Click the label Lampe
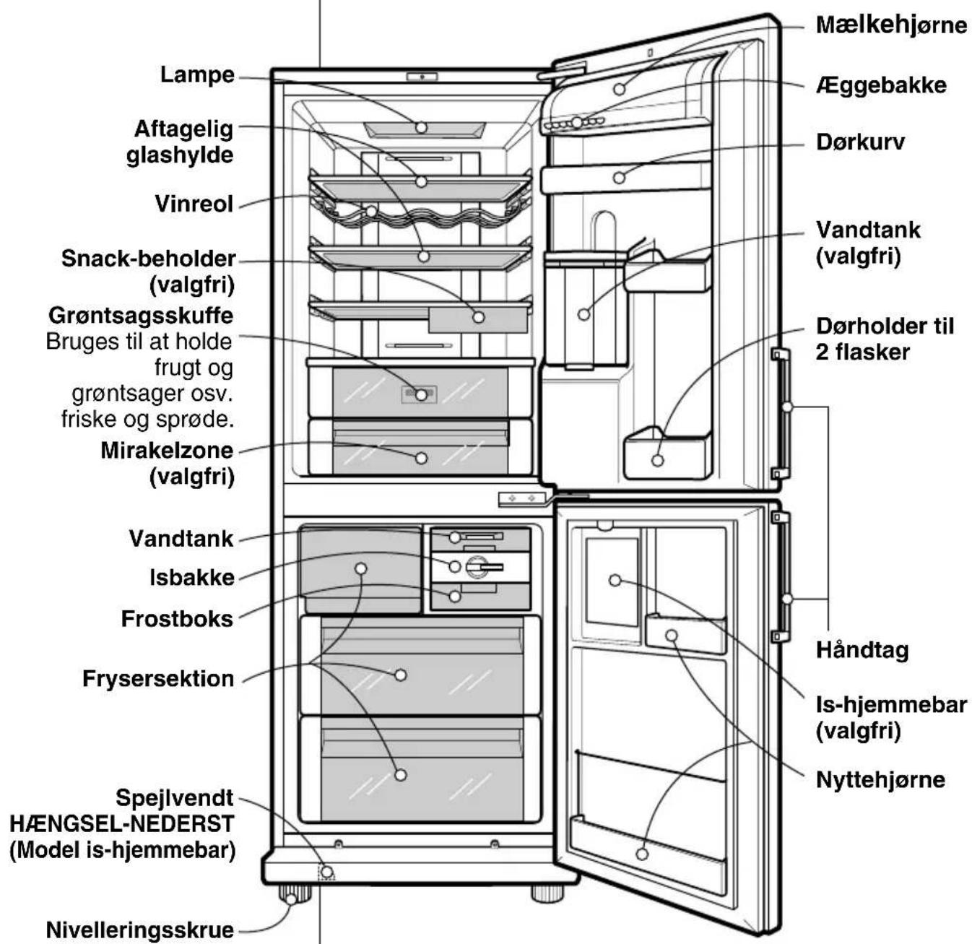[197, 75]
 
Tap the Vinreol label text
[194, 204]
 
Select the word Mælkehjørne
[891, 25]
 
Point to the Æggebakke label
[881, 85]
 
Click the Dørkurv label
[860, 142]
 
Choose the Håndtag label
[862, 651]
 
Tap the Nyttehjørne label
[880, 779]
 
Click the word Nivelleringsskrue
[140, 930]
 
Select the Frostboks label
[178, 619]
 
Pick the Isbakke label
[192, 577]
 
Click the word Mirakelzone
[167, 451]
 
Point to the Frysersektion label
[158, 679]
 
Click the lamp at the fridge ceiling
[425, 130]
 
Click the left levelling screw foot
[295, 896]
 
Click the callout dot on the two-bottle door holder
[658, 461]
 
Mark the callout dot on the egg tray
[578, 122]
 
